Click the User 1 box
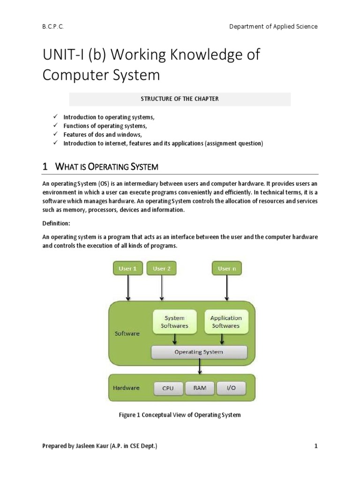click(128, 269)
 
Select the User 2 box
click(161, 269)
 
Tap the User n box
click(227, 269)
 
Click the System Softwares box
click(174, 322)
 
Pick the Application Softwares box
click(226, 322)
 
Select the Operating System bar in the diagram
click(199, 352)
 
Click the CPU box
click(168, 388)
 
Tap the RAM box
click(200, 388)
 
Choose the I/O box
click(231, 388)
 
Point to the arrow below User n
click(227, 288)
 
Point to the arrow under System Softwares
click(175, 339)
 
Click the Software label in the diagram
click(127, 333)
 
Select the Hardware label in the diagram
click(126, 388)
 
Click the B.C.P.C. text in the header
click(52, 27)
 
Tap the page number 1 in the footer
click(316, 446)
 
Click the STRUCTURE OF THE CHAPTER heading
click(180, 99)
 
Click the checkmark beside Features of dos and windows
click(55, 135)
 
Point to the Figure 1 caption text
click(180, 415)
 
